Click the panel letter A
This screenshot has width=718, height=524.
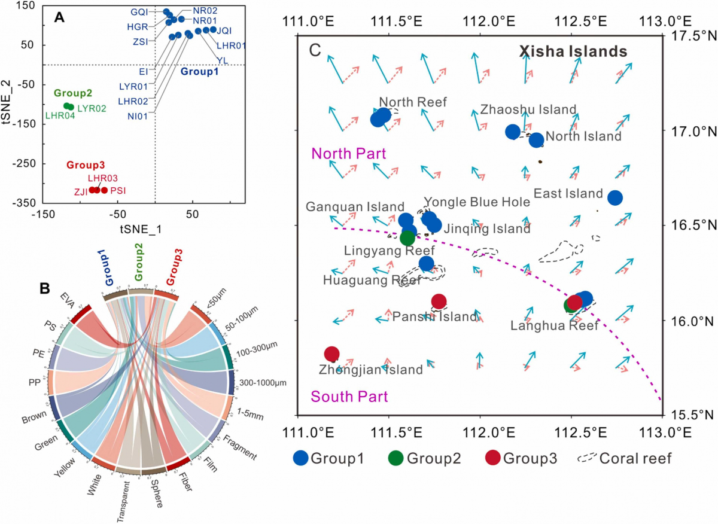click(x=59, y=17)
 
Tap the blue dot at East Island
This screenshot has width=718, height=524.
click(x=614, y=197)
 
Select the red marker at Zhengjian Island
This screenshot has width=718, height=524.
click(x=332, y=354)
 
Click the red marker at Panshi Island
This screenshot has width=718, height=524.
click(x=439, y=301)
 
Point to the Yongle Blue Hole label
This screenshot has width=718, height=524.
click(x=477, y=202)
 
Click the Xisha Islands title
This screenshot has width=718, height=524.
click(x=573, y=51)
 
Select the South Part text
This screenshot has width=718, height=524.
click(x=349, y=396)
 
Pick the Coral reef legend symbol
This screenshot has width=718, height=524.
click(x=589, y=459)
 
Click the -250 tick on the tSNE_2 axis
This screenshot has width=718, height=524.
click(x=22, y=163)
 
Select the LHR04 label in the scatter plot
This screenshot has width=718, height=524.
click(x=60, y=116)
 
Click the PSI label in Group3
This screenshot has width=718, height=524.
click(x=118, y=191)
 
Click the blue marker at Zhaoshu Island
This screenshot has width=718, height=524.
click(x=513, y=132)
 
